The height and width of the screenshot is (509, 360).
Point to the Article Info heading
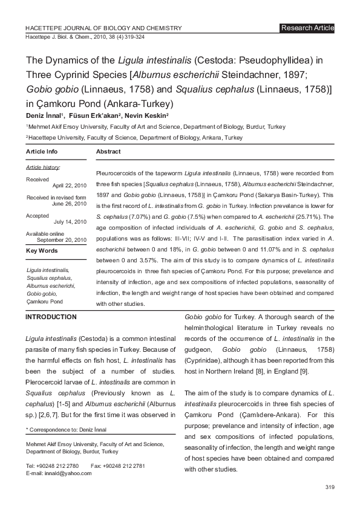point(42,151)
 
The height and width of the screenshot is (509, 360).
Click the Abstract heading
point(108,151)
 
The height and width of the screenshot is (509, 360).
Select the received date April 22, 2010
point(70,185)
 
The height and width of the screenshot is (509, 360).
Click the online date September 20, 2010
point(62,240)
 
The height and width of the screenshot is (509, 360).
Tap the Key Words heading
point(42,250)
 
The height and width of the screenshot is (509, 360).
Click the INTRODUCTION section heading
point(51,317)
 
